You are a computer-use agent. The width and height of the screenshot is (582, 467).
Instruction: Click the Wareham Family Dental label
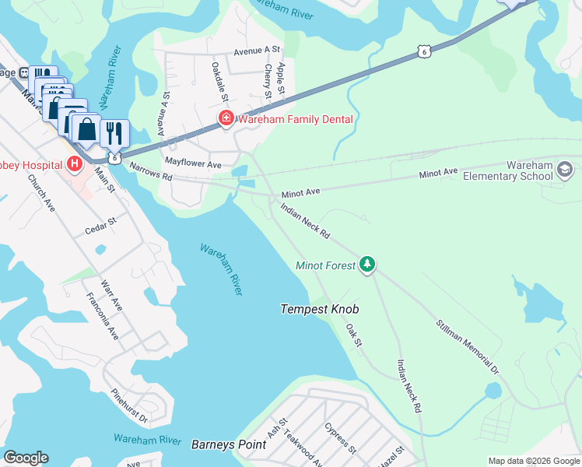[295, 119]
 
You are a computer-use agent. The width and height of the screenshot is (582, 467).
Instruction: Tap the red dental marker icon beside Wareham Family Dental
[226, 119]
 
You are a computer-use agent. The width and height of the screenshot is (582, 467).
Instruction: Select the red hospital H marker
[75, 163]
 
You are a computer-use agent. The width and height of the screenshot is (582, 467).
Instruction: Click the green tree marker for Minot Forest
[367, 265]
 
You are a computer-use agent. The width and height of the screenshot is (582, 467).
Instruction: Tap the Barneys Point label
[229, 445]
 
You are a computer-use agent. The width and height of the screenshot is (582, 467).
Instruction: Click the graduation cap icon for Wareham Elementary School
[565, 170]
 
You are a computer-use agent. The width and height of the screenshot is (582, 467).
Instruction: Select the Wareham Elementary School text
[529, 171]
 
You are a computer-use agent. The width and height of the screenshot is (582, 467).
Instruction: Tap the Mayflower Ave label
[194, 165]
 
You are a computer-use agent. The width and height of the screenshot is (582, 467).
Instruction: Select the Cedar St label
[101, 222]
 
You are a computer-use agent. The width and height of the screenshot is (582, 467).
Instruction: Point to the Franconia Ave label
[103, 314]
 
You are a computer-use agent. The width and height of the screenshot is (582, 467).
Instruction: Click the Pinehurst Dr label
[129, 407]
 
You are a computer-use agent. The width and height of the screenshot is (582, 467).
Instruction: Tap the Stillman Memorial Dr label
[466, 343]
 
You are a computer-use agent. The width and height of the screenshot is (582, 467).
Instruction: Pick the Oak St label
[354, 335]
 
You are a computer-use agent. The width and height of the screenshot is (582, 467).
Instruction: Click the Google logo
[26, 458]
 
